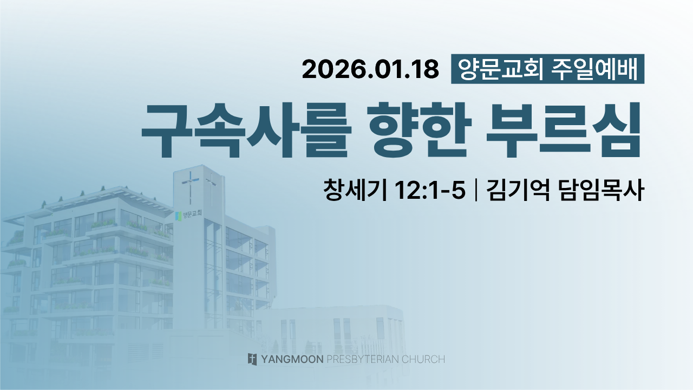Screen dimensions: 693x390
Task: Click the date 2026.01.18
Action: [370, 69]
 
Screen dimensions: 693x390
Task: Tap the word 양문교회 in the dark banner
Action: [501, 69]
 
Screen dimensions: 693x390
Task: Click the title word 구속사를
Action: [246, 131]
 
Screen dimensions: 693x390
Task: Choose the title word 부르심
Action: [564, 131]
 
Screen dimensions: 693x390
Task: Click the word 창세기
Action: [355, 190]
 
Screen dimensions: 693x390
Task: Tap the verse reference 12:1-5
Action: [430, 190]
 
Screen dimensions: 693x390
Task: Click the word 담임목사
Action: [602, 190]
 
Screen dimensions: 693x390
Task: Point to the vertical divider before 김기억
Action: [475, 190]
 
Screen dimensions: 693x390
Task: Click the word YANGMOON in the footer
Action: [292, 359]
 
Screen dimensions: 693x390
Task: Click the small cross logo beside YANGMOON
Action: [252, 359]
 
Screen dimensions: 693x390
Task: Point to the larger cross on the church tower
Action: [190, 187]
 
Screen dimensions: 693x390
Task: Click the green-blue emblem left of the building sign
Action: [178, 216]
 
